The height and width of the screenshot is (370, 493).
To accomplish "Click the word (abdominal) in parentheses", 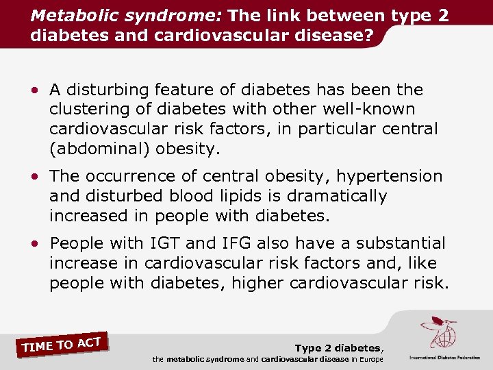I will (x=101, y=149).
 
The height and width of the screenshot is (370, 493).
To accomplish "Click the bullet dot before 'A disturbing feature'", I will (x=34, y=90).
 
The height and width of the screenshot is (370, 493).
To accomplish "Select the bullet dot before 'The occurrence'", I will (x=34, y=177).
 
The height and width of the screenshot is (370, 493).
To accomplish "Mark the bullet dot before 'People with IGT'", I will (x=34, y=244).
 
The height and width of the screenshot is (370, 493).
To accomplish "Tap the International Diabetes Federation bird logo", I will (x=440, y=332).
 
